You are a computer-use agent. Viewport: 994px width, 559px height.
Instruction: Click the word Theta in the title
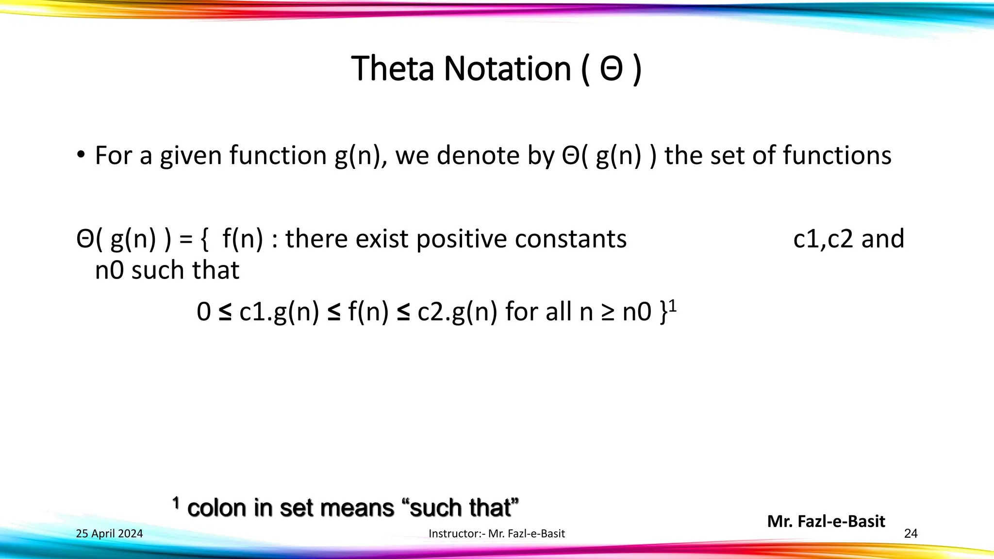point(392,68)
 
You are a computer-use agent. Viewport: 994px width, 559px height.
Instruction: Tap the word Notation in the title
point(507,68)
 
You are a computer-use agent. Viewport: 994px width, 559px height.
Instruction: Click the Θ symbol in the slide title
point(611,69)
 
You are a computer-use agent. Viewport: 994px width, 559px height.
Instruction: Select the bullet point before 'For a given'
point(81,155)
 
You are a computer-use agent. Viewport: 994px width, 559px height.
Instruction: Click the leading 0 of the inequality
point(204,312)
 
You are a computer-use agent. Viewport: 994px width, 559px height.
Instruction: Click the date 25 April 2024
point(110,534)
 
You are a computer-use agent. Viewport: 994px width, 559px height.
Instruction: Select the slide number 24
point(911,534)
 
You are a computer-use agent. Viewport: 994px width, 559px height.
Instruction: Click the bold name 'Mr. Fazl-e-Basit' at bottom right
point(826,521)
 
